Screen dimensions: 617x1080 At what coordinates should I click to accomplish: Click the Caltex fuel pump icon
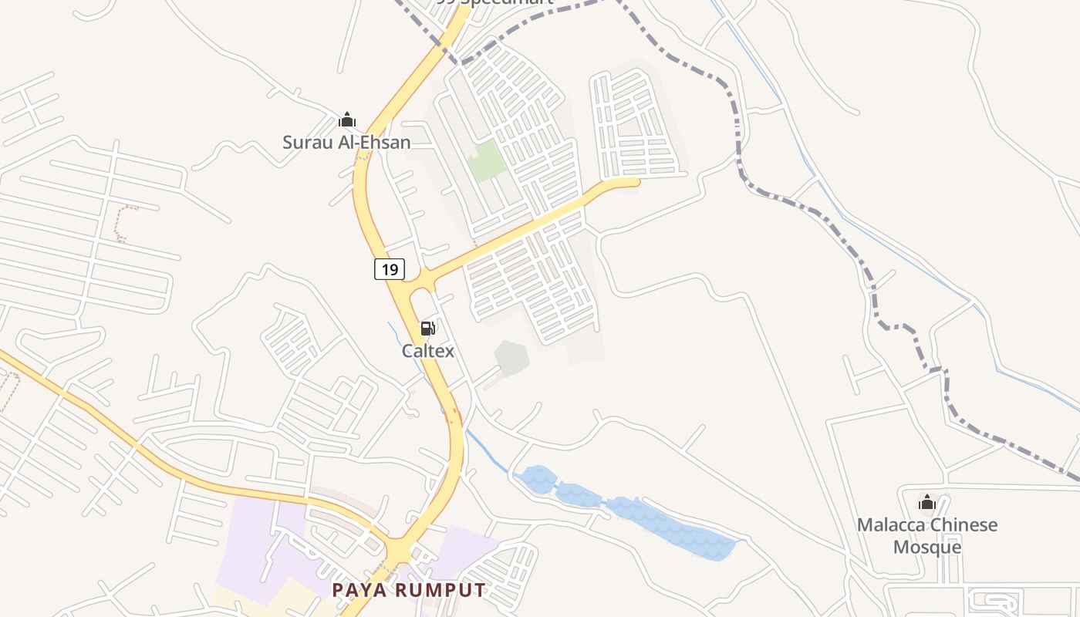click(x=427, y=329)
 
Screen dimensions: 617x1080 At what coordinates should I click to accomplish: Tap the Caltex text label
click(x=427, y=351)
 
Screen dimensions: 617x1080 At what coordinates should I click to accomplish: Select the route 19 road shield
click(x=390, y=269)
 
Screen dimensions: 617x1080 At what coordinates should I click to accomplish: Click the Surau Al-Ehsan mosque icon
click(x=347, y=120)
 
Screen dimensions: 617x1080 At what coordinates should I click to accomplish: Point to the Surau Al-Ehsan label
click(x=346, y=142)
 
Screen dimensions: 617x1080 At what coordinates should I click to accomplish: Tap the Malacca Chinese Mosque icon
click(x=926, y=503)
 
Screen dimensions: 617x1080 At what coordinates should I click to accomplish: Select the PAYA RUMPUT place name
click(x=409, y=591)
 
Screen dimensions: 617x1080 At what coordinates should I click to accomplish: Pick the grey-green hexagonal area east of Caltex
click(x=511, y=358)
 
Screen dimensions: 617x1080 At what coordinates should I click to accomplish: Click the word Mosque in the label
click(x=926, y=548)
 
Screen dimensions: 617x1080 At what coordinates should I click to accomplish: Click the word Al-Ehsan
click(x=375, y=142)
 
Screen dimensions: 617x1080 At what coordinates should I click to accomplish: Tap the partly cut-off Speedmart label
click(x=494, y=2)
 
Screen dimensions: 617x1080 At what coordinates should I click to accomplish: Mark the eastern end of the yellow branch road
click(x=637, y=182)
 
